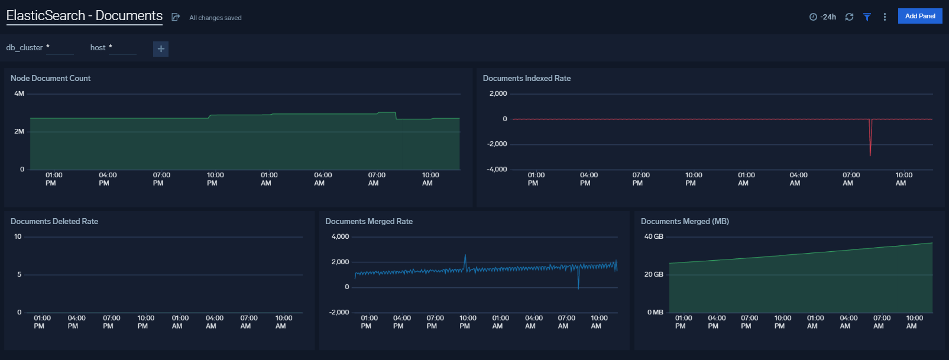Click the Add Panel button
point(919,16)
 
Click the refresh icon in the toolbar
point(849,17)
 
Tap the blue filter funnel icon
point(867,17)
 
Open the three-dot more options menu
point(885,17)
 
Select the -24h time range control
point(822,17)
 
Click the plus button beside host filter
point(161,48)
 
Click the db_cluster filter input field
point(60,48)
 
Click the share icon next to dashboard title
point(176,17)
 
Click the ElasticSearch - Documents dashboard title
point(84,16)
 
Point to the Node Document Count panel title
point(50,78)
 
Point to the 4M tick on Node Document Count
point(20,93)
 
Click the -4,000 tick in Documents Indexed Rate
point(497,169)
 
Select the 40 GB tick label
point(653,236)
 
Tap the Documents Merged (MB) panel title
point(685,221)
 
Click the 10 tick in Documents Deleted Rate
point(18,236)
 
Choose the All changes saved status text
point(215,18)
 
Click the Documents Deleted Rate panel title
point(54,221)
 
